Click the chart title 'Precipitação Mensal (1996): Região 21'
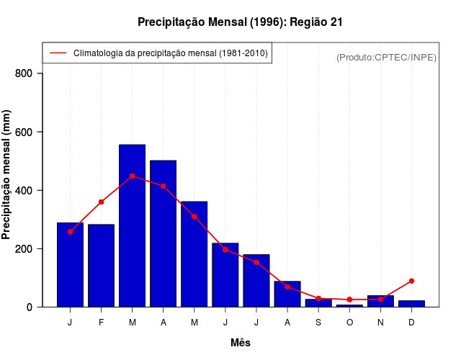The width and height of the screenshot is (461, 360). click(240, 22)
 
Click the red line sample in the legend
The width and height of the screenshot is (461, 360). click(58, 53)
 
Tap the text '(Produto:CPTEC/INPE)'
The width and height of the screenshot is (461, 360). click(386, 57)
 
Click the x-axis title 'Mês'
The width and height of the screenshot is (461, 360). click(241, 343)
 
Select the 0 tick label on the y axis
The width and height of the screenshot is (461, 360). click(29, 307)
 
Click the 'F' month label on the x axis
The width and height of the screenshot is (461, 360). click(102, 323)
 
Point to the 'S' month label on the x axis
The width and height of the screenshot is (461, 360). click(318, 323)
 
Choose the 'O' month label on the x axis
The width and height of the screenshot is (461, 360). click(349, 323)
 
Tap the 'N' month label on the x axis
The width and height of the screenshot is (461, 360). click(380, 323)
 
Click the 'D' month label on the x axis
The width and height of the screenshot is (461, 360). click(411, 323)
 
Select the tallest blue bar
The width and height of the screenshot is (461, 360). click(132, 226)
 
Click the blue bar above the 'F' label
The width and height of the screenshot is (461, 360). click(101, 266)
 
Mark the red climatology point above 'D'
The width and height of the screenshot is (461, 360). click(411, 281)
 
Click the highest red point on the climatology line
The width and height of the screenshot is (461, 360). click(132, 176)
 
